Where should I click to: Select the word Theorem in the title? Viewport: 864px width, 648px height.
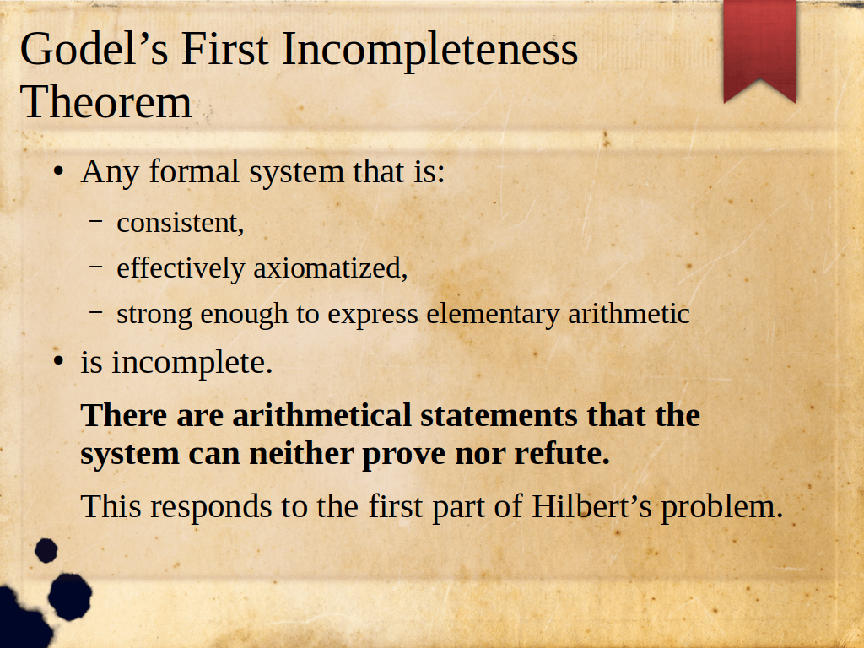tap(105, 102)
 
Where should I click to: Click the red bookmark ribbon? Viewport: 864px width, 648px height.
tap(760, 50)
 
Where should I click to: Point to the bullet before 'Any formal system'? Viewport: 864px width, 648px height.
tap(58, 170)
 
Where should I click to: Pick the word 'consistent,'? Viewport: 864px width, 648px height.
tap(181, 223)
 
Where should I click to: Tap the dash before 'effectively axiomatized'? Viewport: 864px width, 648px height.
tap(96, 267)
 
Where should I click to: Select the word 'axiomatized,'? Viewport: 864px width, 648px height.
tap(331, 268)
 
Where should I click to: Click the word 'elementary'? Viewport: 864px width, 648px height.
tap(493, 315)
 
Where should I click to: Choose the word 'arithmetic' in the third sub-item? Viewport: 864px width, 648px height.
tap(629, 314)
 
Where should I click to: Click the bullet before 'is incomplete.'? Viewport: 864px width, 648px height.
tap(58, 362)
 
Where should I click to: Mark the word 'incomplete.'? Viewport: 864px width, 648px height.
tap(192, 363)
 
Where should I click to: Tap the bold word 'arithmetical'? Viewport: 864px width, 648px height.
tap(321, 415)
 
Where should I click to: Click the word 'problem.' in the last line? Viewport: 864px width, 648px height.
tap(722, 507)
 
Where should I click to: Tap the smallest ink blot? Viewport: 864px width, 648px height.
tap(46, 550)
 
